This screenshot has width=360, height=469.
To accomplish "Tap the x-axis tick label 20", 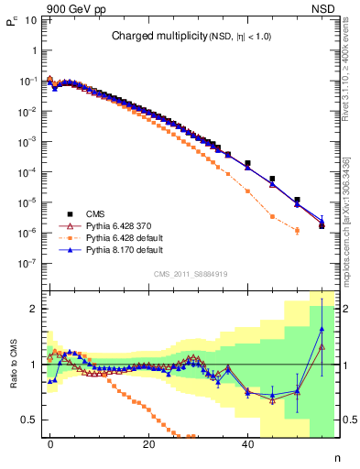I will tap(149, 443).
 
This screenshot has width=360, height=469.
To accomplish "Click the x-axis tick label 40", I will tap(247, 443).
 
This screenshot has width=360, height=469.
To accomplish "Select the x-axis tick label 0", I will tap(51, 443).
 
